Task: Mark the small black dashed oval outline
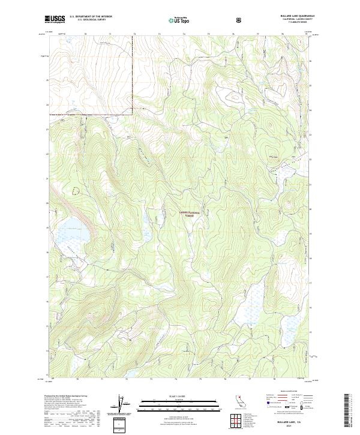(x=75, y=190)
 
